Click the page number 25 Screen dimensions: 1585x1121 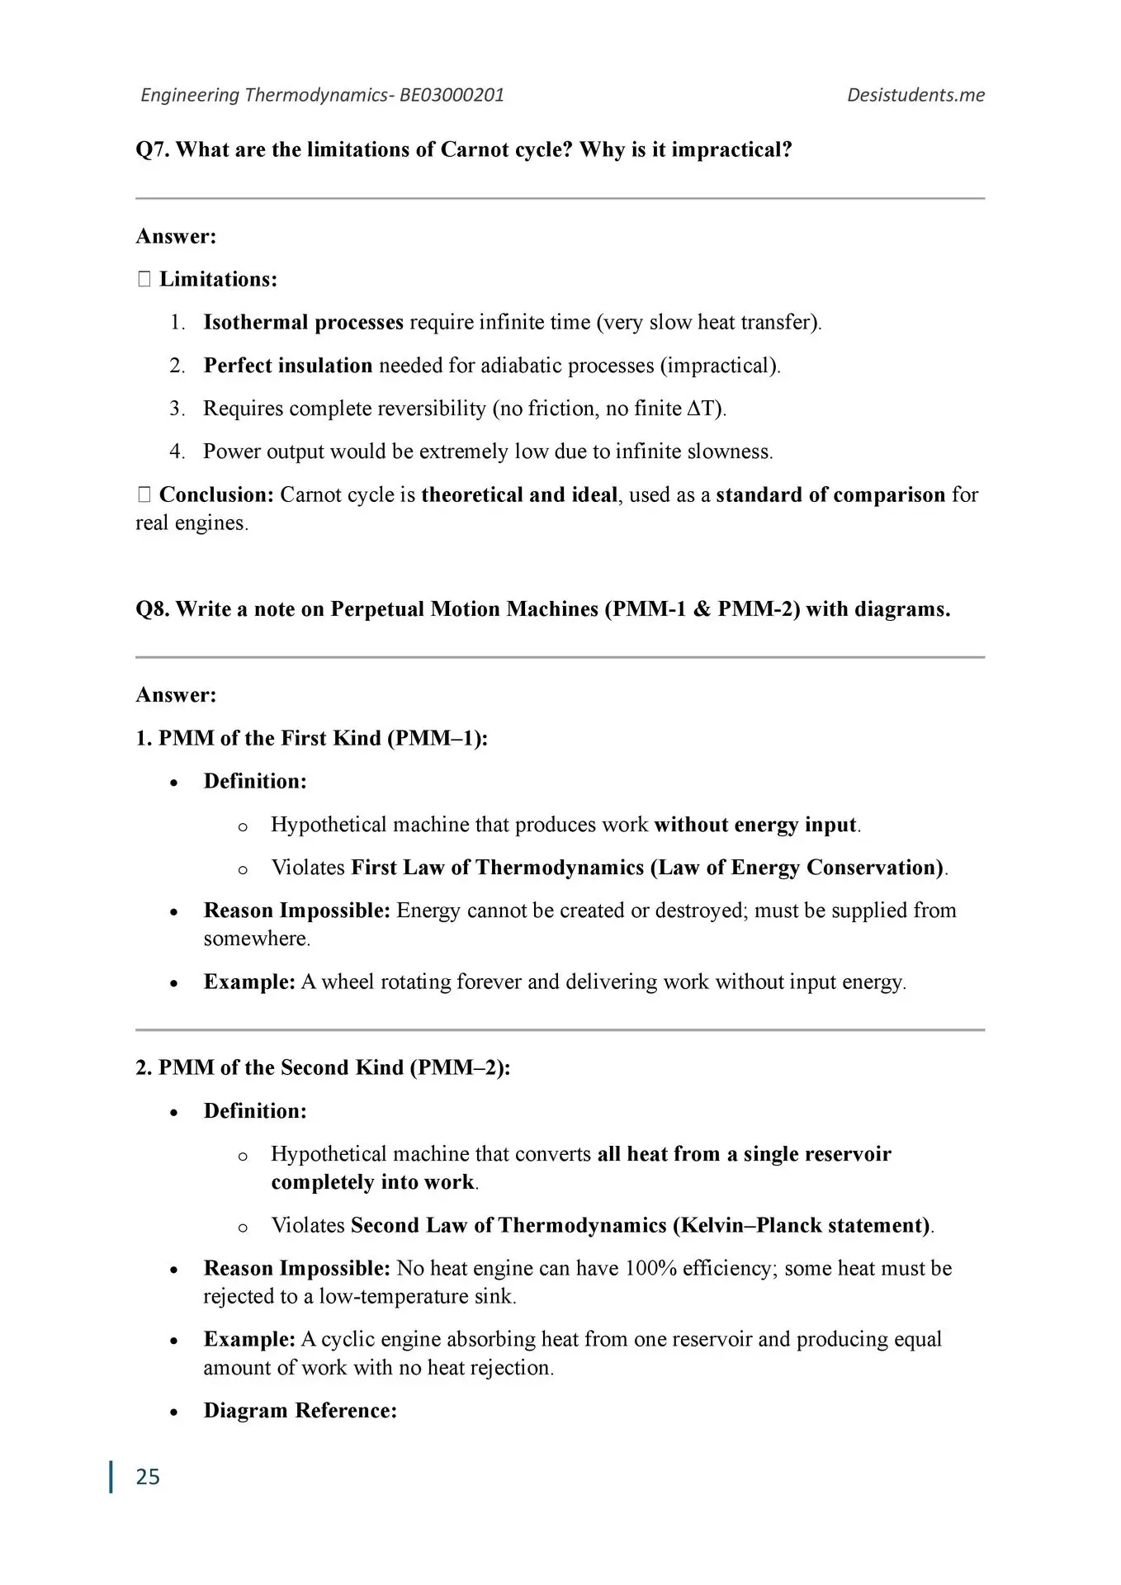[148, 1477]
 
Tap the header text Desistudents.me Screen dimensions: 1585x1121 [915, 95]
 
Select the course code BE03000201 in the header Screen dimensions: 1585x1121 [452, 95]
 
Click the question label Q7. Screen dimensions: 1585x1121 [153, 150]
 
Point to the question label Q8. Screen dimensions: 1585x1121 [153, 609]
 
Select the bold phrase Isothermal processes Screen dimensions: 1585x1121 [303, 322]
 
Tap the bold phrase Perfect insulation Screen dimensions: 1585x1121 [288, 366]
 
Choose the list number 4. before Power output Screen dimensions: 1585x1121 [177, 452]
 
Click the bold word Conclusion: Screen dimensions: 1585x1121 [216, 494]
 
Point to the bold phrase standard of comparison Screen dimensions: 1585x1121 [830, 494]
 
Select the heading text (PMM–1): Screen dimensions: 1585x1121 [438, 738]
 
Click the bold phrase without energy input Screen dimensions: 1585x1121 [755, 825]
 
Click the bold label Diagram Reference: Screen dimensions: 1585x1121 [300, 1410]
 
